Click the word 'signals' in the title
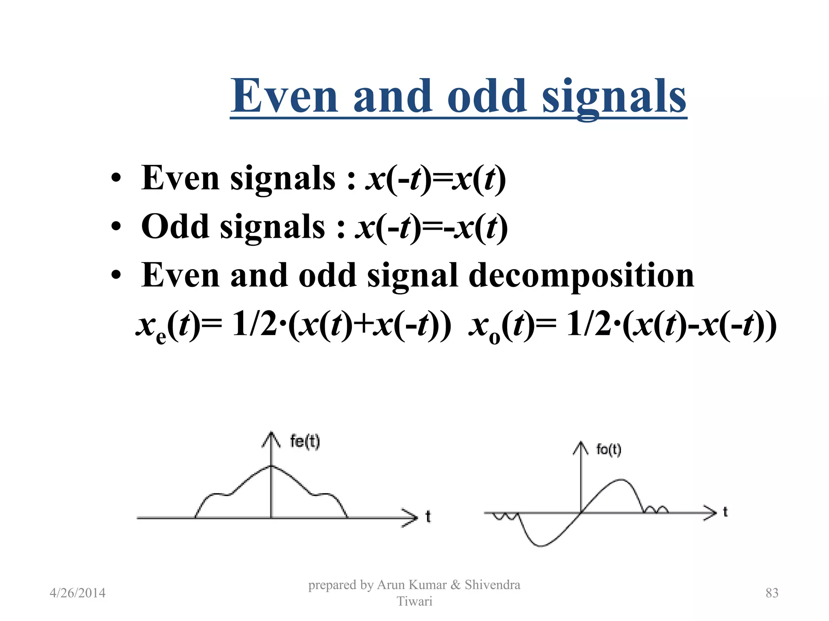pyautogui.click(x=614, y=97)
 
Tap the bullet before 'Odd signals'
pyautogui.click(x=116, y=227)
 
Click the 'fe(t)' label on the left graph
pyautogui.click(x=305, y=441)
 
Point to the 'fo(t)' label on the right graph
pyautogui.click(x=608, y=450)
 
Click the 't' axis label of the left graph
pyautogui.click(x=428, y=517)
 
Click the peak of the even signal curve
pyautogui.click(x=272, y=466)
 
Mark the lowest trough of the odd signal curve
pyautogui.click(x=540, y=546)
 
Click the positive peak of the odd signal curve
pyautogui.click(x=621, y=480)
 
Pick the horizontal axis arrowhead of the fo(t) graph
pyautogui.click(x=711, y=513)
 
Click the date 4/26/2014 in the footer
pyautogui.click(x=77, y=593)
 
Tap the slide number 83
pyautogui.click(x=772, y=593)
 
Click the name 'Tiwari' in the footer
pyautogui.click(x=414, y=601)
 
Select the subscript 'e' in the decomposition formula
pyautogui.click(x=161, y=336)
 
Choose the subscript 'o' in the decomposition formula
pyautogui.click(x=494, y=336)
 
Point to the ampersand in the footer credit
pyautogui.click(x=455, y=585)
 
